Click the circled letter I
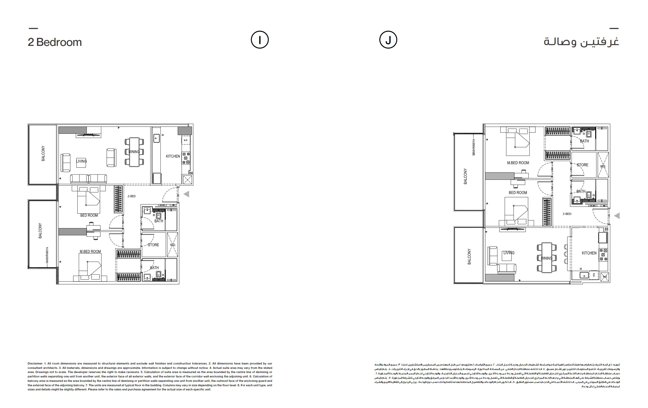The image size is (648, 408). point(260,40)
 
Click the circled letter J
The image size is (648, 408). point(388,40)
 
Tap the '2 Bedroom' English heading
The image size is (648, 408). point(55,42)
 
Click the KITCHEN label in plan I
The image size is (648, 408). point(173,156)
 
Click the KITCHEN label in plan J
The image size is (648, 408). point(589,253)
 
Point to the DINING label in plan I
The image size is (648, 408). point(134,152)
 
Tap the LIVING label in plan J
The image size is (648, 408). point(509,253)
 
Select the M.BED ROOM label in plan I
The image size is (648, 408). point(90,251)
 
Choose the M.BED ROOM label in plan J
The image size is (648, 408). point(518,163)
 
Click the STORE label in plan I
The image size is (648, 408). point(153,245)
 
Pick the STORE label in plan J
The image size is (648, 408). point(582,165)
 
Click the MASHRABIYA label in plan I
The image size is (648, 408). point(47,255)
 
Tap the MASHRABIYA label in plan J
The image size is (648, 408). point(474,147)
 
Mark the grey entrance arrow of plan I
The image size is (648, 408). point(186,194)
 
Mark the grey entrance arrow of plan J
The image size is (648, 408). point(617,216)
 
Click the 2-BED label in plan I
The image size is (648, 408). point(132,196)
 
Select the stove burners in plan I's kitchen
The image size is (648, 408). point(186,158)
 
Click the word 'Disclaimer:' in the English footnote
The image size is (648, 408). point(35,364)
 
